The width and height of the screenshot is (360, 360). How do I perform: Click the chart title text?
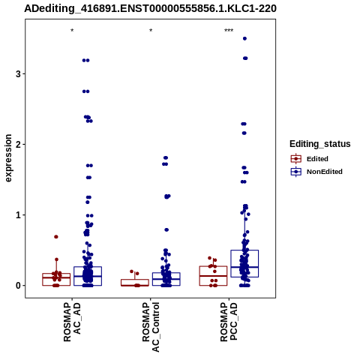(x=150, y=8)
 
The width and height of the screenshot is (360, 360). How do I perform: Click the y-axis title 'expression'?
(x=8, y=158)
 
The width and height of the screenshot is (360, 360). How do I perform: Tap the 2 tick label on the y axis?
(x=19, y=145)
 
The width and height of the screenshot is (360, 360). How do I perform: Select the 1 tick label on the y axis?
(x=19, y=215)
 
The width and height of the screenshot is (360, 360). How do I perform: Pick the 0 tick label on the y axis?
(x=19, y=286)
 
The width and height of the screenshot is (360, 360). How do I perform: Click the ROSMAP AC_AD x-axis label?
(x=72, y=322)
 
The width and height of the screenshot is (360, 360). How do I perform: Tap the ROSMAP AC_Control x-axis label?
(x=151, y=327)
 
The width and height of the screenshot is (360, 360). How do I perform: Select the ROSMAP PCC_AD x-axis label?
(x=229, y=322)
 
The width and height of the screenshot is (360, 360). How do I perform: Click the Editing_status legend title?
(x=320, y=144)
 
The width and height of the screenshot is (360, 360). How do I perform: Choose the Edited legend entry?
(x=309, y=159)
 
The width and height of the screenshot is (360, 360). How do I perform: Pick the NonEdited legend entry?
(x=316, y=172)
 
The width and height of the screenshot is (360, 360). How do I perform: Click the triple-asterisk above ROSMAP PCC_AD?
(x=229, y=31)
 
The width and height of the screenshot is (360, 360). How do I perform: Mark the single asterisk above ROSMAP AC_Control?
(x=151, y=31)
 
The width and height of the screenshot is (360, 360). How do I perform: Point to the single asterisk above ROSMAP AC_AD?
(x=72, y=31)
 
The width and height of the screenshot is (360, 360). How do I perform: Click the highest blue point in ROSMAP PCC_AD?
(x=244, y=38)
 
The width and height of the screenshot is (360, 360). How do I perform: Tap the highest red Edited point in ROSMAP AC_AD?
(x=56, y=237)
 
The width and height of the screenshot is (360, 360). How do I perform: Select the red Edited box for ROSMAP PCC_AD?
(x=213, y=276)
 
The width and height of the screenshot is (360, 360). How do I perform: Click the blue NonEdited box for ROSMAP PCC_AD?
(x=244, y=263)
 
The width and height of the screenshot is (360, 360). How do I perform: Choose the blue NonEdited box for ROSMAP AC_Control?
(x=166, y=279)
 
